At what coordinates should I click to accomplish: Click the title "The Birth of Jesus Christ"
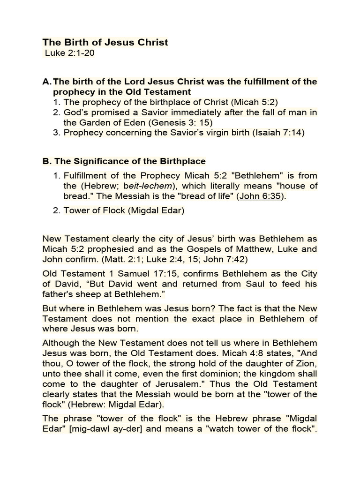click(x=105, y=43)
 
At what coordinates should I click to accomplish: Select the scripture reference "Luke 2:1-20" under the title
click(x=70, y=53)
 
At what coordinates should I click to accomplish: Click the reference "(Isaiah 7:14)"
click(x=278, y=133)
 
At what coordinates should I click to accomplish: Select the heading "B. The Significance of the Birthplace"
click(x=124, y=161)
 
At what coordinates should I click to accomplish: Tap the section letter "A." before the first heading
click(x=47, y=82)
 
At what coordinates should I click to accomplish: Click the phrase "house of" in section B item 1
click(x=302, y=186)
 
